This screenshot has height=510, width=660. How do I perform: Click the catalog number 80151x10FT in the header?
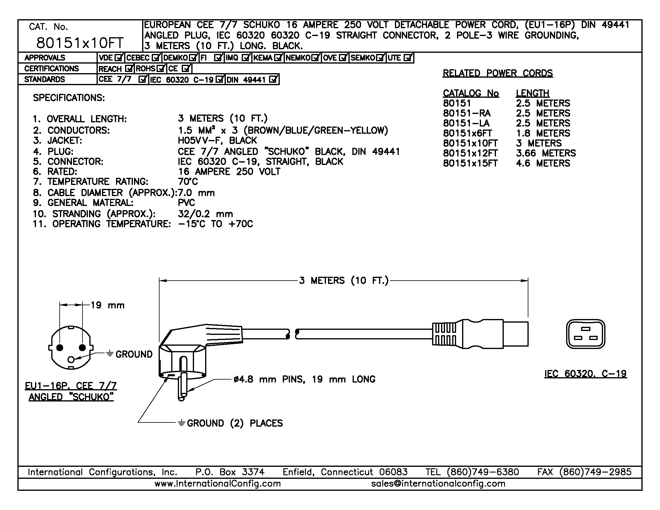[80, 43]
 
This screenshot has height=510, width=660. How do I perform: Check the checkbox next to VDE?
[119, 57]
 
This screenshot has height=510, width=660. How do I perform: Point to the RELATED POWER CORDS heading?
[498, 73]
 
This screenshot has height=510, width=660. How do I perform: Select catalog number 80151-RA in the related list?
[467, 113]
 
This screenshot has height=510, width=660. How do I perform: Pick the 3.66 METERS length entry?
[546, 153]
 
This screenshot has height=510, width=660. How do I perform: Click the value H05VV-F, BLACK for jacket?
[217, 141]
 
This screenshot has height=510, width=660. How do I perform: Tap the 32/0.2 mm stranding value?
[205, 214]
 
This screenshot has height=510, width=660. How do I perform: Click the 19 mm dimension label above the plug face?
[108, 305]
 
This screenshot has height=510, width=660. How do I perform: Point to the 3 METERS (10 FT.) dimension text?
[344, 281]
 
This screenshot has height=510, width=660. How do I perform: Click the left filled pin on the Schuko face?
[60, 348]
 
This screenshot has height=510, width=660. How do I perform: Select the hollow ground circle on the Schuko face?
[71, 359]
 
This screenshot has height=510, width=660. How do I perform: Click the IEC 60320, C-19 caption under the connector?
[585, 374]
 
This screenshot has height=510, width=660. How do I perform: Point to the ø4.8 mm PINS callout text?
[304, 379]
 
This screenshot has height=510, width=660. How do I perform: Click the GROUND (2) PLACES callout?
[235, 423]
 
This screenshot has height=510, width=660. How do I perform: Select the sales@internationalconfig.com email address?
[438, 484]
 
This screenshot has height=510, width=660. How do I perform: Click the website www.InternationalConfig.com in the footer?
[218, 484]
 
